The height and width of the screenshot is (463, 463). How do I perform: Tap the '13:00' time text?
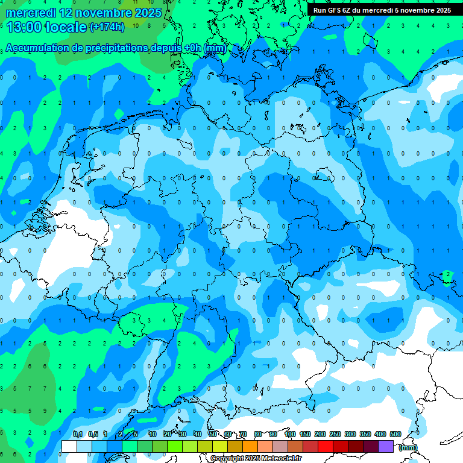pos(24,27)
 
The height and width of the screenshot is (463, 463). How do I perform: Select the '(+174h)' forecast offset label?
pos(107,27)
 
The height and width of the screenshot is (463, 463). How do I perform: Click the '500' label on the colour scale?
pos(395,435)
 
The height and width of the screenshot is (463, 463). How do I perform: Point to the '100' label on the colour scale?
pos(289,435)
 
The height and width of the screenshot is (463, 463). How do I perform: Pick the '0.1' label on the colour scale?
pos(78,435)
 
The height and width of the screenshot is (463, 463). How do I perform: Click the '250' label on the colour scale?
pos(335,435)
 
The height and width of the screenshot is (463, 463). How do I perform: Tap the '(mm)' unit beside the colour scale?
pos(408,447)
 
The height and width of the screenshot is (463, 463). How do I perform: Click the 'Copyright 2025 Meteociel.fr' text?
pos(256,459)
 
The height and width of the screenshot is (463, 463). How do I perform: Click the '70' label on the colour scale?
pos(243,435)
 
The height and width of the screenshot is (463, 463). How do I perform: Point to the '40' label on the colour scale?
pos(198,435)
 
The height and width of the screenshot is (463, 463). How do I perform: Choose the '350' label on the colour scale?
pos(365,435)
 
